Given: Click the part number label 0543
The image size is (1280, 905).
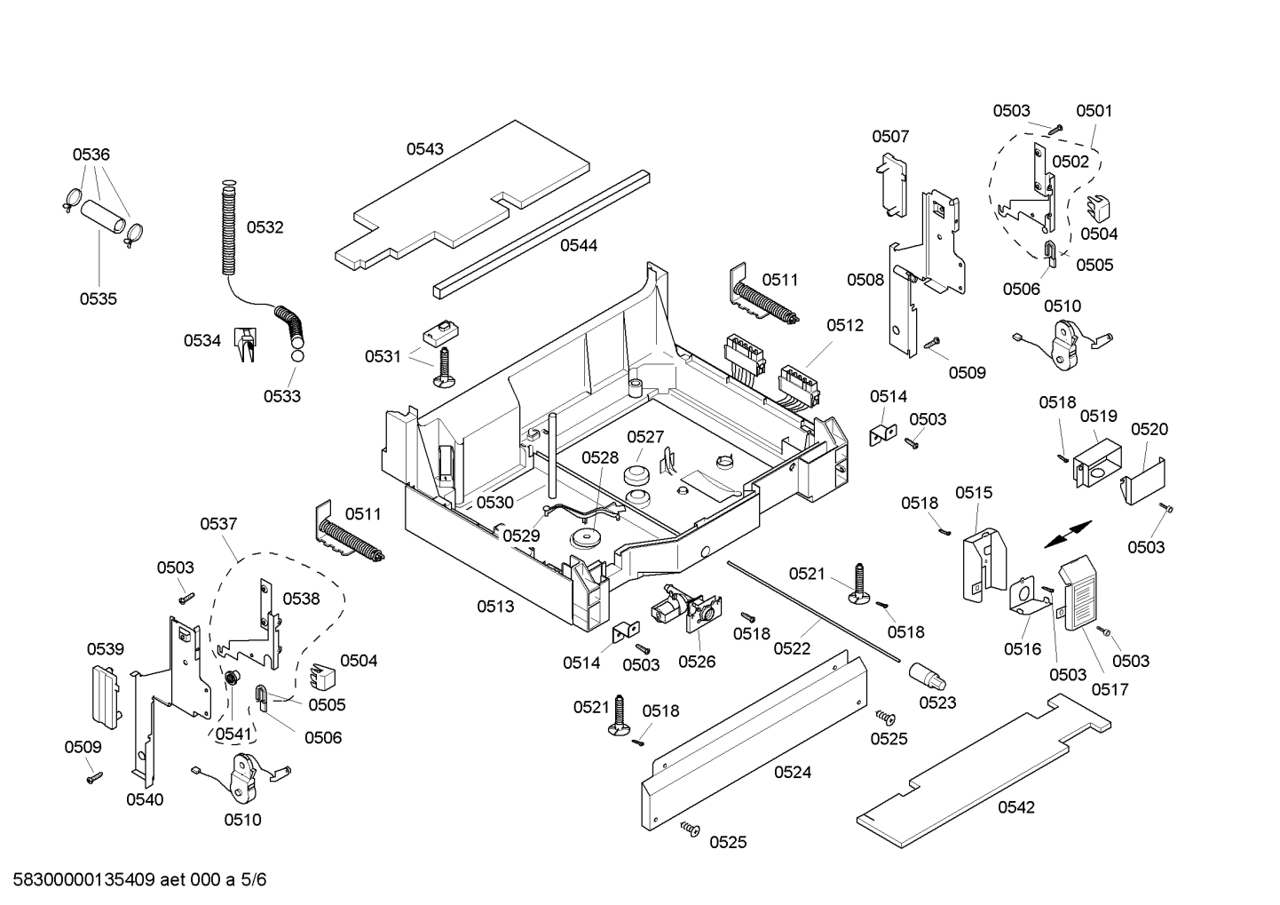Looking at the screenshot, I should pos(425,149).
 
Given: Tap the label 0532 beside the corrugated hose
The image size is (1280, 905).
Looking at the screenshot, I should pos(265,227).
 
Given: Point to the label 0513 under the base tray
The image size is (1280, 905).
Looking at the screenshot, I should pos(495,607).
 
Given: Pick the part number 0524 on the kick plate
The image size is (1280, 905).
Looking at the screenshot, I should pos(792,772).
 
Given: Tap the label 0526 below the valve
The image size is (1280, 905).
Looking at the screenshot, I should pos(697,662).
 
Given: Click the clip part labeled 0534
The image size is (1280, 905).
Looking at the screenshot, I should pos(245,345).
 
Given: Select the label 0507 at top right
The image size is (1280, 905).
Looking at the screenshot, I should pos(889,136).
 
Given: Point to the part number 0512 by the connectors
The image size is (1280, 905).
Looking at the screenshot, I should pos(844,326).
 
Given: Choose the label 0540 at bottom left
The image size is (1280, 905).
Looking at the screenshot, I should pos(144,799).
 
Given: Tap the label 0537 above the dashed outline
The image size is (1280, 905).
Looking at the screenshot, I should pos(218,524).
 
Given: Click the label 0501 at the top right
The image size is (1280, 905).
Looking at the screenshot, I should pos(1094,111).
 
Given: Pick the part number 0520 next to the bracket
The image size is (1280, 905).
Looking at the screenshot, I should pos(1150,429).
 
